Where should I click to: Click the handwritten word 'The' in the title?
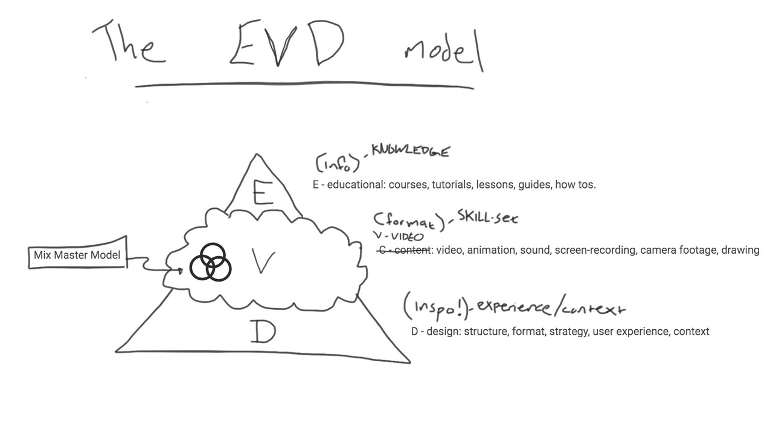click(128, 42)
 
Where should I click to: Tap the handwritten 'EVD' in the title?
click(287, 43)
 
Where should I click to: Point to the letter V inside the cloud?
click(263, 263)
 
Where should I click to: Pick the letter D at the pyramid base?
click(263, 332)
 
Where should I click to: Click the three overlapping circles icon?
click(210, 263)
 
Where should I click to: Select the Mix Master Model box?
click(77, 255)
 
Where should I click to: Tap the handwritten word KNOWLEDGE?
click(411, 151)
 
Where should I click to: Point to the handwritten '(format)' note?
click(408, 221)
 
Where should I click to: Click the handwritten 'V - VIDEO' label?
click(398, 237)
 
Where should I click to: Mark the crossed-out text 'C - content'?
click(403, 250)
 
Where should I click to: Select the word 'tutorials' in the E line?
click(451, 185)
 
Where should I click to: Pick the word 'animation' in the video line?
click(492, 250)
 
